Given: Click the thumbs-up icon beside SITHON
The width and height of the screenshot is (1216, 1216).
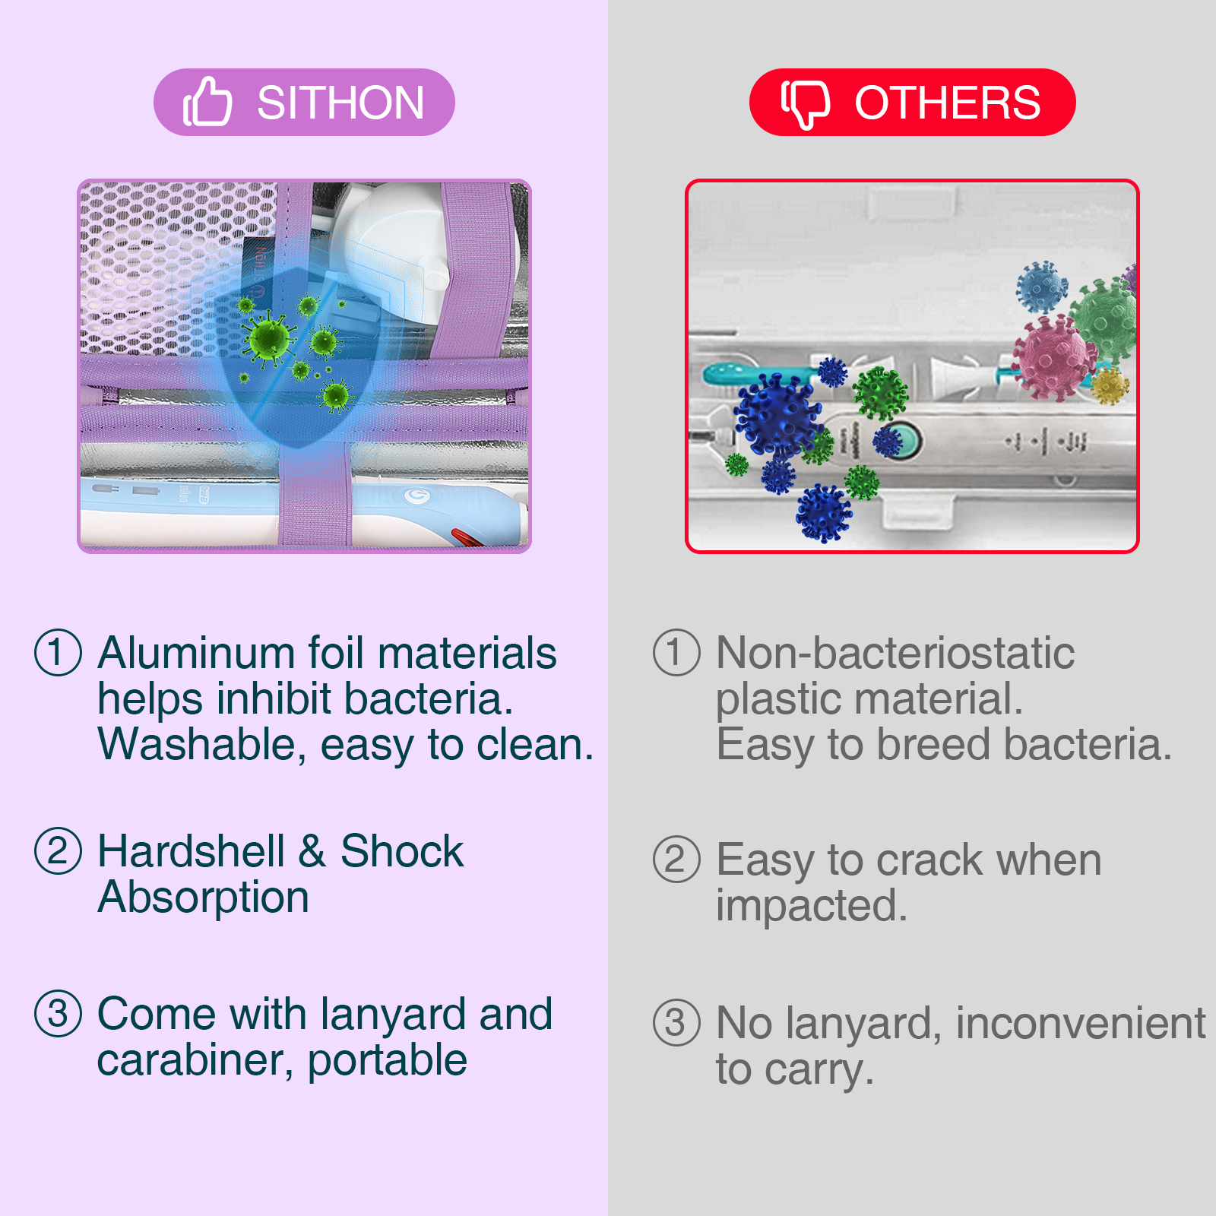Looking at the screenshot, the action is (207, 102).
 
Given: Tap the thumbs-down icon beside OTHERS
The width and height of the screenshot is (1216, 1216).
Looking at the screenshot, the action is (806, 103).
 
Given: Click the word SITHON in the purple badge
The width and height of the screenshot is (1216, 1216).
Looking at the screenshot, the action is (340, 103).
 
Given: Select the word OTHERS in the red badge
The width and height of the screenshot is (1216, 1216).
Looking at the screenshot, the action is (948, 103).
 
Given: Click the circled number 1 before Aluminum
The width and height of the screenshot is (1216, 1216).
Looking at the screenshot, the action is (58, 652).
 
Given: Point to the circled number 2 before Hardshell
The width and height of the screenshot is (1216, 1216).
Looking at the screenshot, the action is (58, 850).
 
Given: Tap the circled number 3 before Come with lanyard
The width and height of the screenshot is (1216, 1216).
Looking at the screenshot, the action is (58, 1013).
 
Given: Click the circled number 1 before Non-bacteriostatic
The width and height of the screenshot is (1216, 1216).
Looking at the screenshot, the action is (676, 652).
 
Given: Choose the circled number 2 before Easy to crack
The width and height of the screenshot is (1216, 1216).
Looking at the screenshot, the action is (676, 859).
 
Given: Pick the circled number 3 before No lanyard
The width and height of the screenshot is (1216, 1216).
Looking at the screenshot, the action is (676, 1022).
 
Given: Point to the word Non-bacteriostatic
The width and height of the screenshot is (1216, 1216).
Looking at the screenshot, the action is (895, 653).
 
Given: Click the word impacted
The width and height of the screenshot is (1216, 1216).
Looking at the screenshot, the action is (812, 906).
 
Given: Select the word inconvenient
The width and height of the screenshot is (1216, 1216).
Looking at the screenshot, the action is (1081, 1023).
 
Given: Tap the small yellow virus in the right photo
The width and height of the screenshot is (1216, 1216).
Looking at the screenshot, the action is (1110, 385).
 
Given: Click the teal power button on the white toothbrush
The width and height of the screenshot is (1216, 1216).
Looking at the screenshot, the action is (905, 440).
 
